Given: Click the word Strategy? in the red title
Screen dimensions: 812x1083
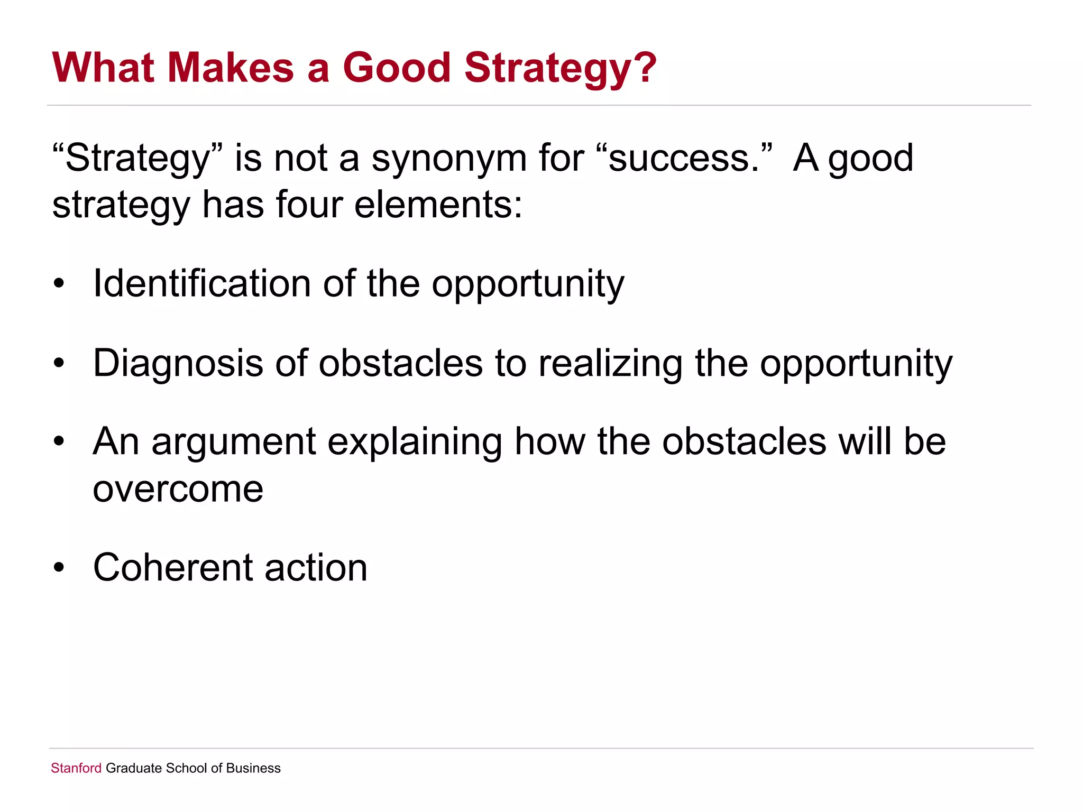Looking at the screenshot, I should point(560,69).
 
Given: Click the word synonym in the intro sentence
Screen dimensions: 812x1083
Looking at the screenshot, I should point(449,159).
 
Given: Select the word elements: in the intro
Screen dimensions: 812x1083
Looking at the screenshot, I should point(438,205).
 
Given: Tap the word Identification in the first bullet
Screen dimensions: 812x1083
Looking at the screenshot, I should point(202,283).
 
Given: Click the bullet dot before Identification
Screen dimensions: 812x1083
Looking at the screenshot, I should point(59,284).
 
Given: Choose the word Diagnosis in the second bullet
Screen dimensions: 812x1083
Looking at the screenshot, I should point(178,363).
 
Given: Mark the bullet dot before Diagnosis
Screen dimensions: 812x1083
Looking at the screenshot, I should point(59,364).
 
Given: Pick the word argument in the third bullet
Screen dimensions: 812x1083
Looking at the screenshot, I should point(233,442).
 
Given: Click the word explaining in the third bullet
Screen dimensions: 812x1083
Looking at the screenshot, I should point(415,442).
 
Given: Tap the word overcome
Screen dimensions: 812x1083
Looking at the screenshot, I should point(178,489).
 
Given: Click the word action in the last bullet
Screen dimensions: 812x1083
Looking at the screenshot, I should point(316,567).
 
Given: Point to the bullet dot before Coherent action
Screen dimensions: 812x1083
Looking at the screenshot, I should point(59,568).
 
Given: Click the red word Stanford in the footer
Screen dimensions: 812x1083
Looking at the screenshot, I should point(76,768).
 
